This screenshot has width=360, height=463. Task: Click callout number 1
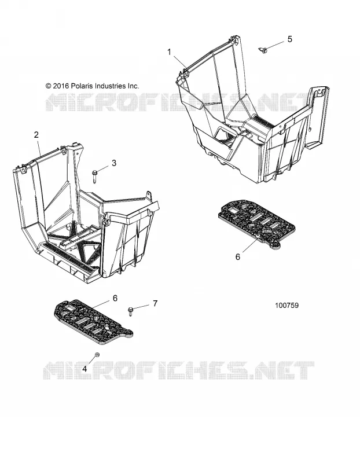coord(169,52)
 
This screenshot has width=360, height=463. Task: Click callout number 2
coord(36,135)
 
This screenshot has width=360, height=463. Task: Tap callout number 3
coord(114,163)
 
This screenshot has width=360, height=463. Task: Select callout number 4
coord(85,369)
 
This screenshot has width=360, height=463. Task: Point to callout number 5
coord(290,39)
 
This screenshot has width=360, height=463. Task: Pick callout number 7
coord(155,303)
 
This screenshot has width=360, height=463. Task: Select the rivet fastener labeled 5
coord(263,50)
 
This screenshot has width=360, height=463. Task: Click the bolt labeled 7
coord(130,311)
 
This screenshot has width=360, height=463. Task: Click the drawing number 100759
coord(286,306)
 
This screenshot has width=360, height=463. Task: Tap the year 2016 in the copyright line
coord(61,86)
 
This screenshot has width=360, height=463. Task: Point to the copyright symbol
coord(49,86)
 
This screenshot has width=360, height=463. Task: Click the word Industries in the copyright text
coord(110,86)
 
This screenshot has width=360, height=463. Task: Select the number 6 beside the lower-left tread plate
coord(115,298)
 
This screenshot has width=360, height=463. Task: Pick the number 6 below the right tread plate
coord(238,257)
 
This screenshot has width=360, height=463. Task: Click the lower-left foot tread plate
coord(93,322)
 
